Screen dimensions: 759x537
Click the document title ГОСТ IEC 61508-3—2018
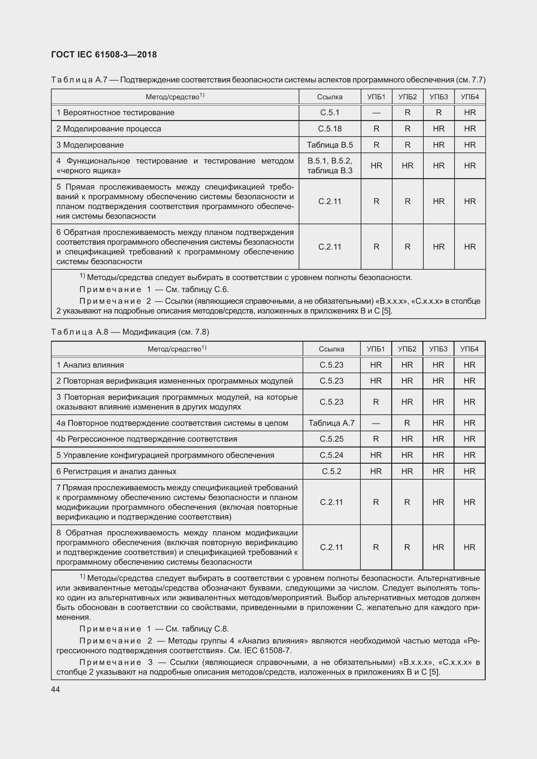104,55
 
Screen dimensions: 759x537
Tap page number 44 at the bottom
56,689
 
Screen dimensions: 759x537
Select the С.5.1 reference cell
330,113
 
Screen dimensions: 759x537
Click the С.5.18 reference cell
330,129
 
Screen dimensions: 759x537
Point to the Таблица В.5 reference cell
330,145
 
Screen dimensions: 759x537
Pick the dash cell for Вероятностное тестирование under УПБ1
376,113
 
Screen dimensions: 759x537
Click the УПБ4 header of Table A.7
469,97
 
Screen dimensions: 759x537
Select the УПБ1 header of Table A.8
376,349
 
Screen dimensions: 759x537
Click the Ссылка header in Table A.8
331,349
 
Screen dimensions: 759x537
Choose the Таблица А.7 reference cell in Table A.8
331,423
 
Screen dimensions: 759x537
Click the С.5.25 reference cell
331,439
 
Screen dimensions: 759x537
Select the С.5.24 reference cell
331,455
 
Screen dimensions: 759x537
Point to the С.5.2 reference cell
331,471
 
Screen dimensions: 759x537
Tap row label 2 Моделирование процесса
108,129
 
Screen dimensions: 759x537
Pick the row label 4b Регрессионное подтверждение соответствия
146,439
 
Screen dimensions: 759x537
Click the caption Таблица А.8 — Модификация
130,332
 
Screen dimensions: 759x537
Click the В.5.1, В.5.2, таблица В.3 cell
330,165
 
